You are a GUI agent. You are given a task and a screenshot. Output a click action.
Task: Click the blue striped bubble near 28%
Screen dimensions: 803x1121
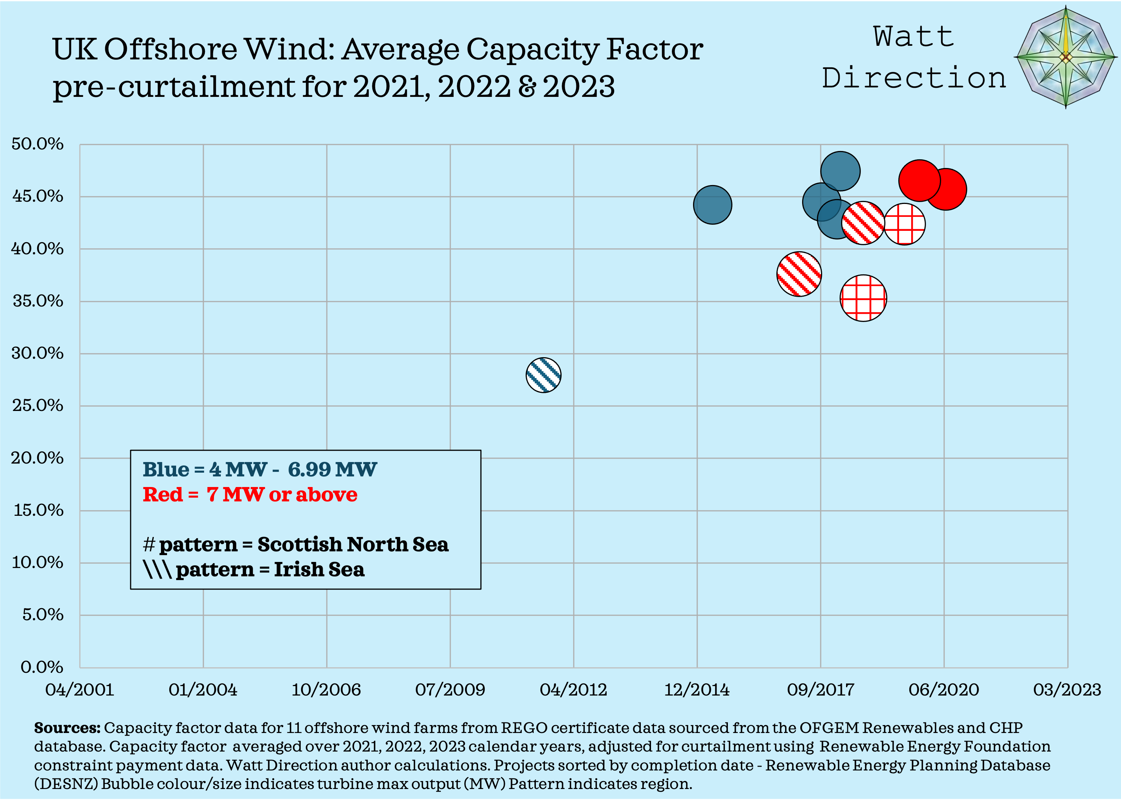(543, 375)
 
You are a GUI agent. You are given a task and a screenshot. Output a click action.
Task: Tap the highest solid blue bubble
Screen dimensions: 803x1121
(840, 171)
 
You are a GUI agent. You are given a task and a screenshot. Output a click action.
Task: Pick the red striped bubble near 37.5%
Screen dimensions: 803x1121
(799, 274)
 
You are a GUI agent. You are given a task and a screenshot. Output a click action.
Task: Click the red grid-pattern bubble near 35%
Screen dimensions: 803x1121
(863, 298)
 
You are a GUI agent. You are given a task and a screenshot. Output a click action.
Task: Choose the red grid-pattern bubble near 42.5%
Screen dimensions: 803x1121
(904, 224)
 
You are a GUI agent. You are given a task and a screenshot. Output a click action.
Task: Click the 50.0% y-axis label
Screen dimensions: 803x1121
(37, 144)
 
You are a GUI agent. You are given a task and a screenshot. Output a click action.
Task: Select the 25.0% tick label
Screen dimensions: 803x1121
(37, 405)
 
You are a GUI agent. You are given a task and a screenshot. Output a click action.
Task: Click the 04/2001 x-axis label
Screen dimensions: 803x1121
(80, 690)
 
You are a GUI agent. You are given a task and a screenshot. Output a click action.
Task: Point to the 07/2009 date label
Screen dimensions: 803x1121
(450, 690)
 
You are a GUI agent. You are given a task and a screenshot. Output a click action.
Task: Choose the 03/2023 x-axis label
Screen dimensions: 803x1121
(1066, 690)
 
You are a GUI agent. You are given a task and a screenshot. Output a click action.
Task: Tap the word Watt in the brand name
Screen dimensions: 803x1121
(913, 37)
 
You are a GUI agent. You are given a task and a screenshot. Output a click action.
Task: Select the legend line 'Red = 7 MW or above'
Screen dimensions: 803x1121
(250, 494)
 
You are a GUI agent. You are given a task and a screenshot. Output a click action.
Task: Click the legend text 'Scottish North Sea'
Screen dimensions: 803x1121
(353, 544)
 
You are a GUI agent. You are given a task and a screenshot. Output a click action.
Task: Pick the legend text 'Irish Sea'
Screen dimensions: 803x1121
(319, 570)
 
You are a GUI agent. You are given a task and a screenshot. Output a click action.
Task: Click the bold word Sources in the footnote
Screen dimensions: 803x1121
(67, 728)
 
